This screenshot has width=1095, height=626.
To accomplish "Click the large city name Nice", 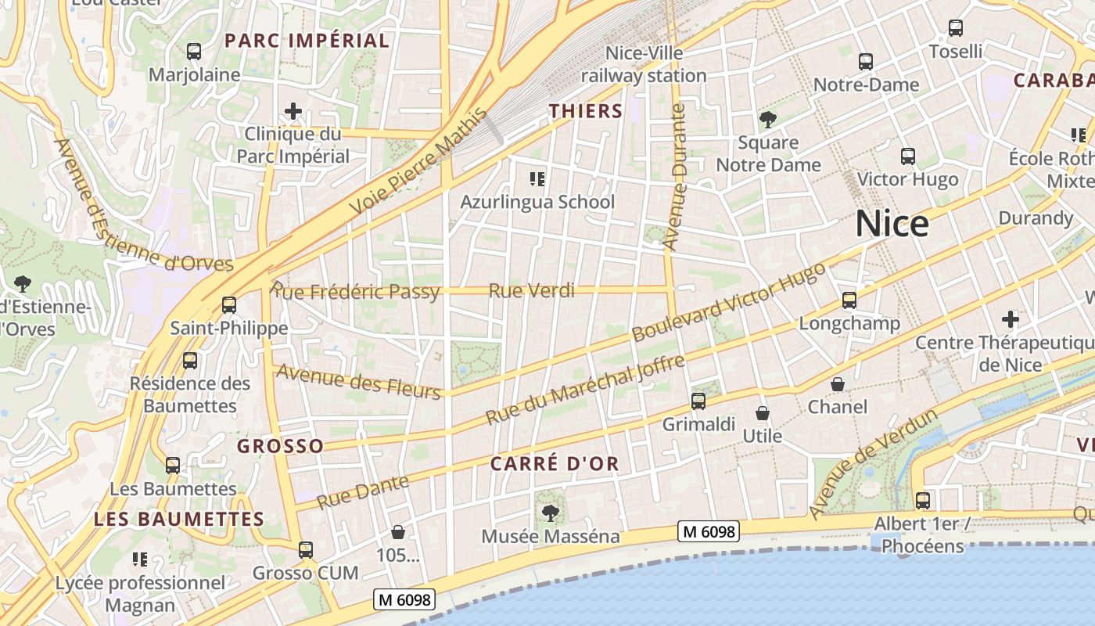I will pos(892,224).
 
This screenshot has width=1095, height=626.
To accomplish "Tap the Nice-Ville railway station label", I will pos(644,64).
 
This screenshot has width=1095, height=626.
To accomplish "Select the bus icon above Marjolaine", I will pos(193,52).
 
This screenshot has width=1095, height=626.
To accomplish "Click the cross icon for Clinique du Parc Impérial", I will pos(293,111).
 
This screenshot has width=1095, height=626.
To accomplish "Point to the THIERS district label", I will pos(586,111).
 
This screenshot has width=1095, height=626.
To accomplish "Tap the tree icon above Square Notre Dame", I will pos(768,120).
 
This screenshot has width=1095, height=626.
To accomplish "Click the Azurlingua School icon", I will pos(537,179).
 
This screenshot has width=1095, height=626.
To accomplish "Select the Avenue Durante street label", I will pos(674,178).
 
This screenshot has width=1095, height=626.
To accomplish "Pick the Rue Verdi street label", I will pos(531,291).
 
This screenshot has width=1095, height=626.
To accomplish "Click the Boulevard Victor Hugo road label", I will pos(728,302).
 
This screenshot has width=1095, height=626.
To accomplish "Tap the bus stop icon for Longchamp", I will pos(849,300).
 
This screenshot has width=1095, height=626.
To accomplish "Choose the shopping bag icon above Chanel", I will pos(838,384).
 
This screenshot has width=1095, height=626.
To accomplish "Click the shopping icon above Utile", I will pos(763,412).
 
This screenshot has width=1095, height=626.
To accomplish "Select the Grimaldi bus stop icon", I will pos(698,401).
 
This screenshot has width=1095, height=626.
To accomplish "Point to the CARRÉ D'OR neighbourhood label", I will pos(555,463).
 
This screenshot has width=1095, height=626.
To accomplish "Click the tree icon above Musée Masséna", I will pos(551,513).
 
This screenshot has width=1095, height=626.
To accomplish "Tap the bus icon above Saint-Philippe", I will pos(229,305).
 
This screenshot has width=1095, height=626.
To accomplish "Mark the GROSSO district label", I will pos(280,446).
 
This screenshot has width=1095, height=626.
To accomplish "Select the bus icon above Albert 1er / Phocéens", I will pos(923,500).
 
